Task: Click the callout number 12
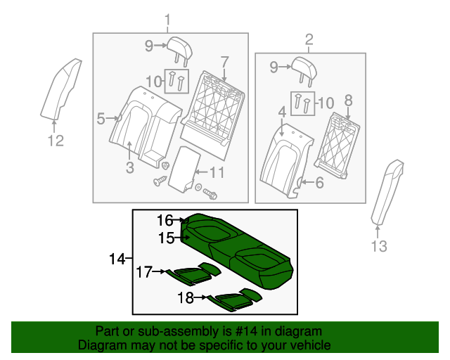(x=56, y=141)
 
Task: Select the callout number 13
(x=379, y=245)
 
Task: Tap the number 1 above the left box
(x=167, y=19)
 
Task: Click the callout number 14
(x=116, y=260)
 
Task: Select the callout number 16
(x=165, y=221)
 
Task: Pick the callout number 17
(x=144, y=271)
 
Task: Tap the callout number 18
(x=185, y=298)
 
